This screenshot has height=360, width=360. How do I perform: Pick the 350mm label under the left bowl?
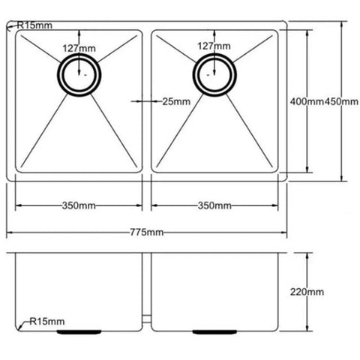[79, 205]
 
